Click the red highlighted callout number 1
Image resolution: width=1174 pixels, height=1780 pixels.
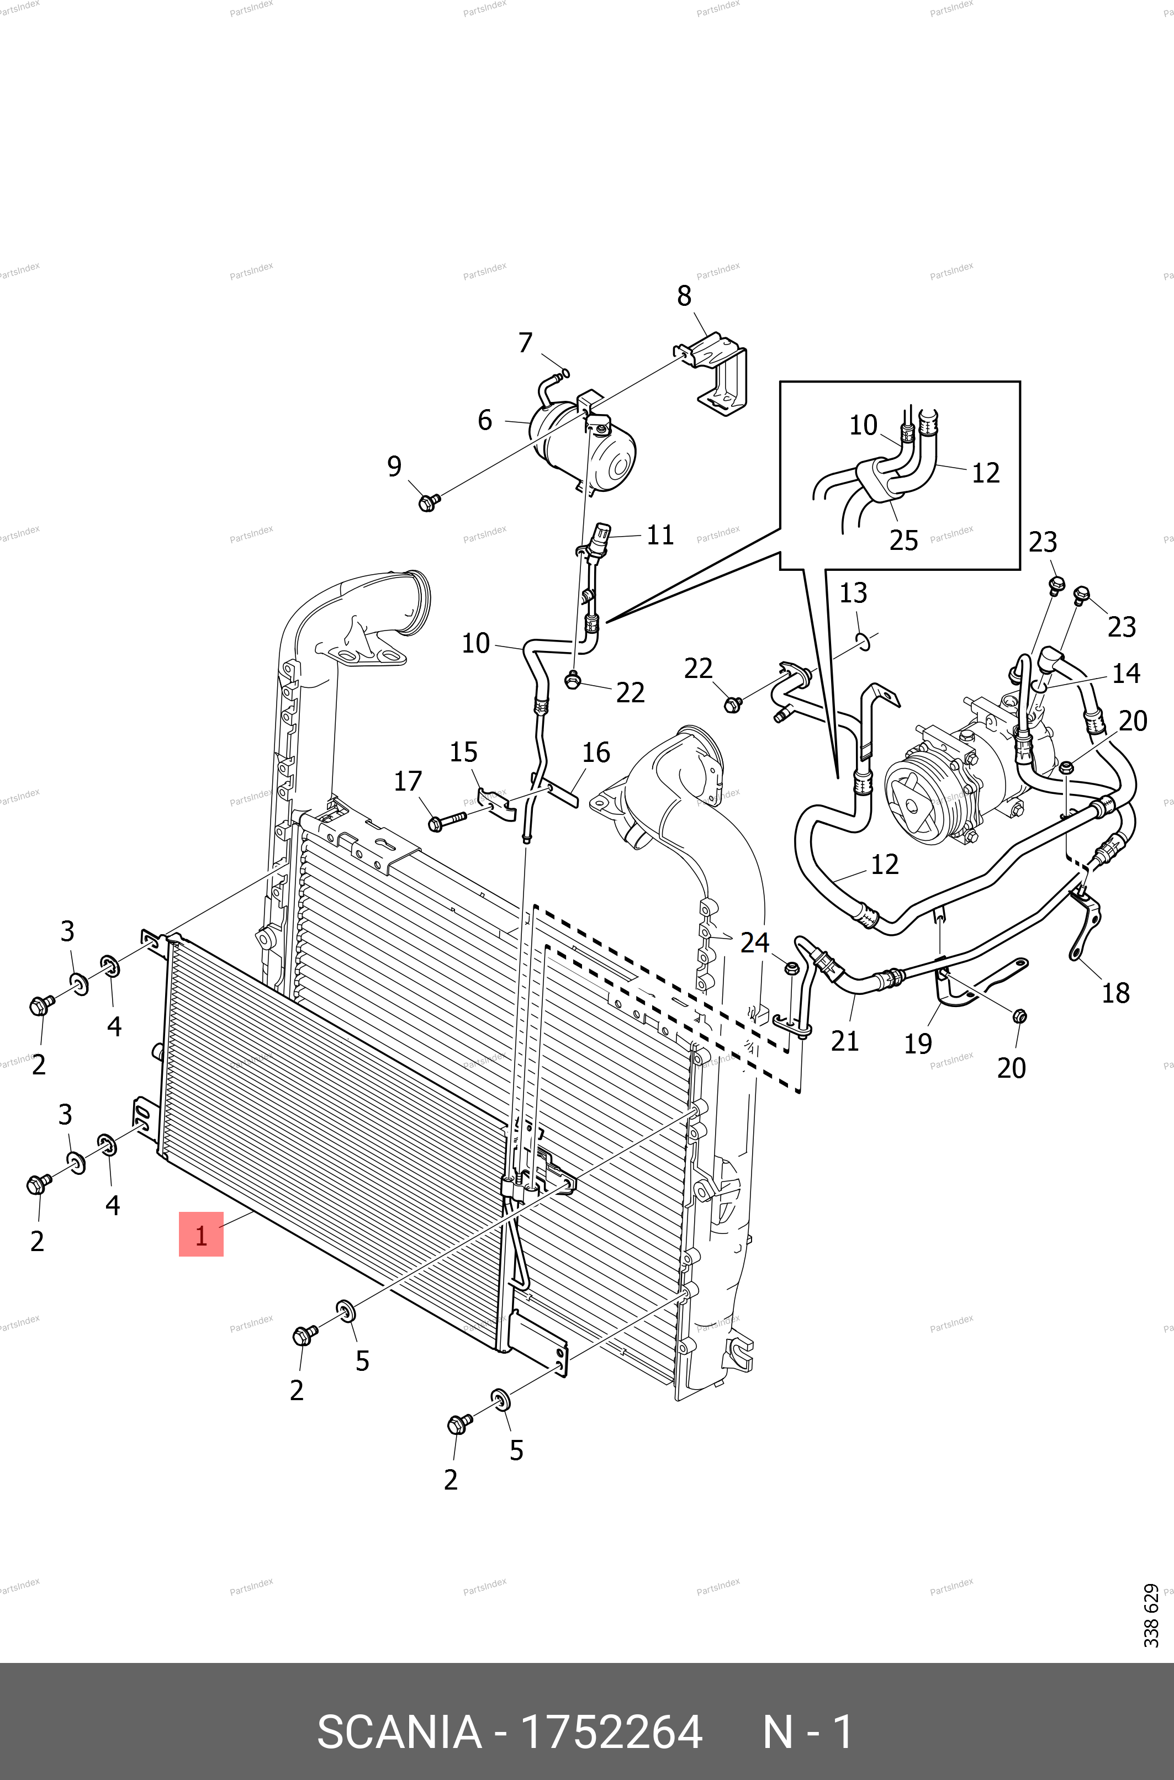pos(200,1235)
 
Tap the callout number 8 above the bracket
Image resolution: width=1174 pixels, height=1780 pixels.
pos(684,296)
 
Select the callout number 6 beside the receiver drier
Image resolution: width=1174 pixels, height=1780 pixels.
pos(485,420)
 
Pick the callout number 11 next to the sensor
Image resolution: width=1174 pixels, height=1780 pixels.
pos(660,535)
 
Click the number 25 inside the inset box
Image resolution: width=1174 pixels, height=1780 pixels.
pos(904,541)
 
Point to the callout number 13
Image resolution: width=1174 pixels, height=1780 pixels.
pos(853,593)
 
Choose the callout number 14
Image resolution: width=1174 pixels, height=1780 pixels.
pos(1126,673)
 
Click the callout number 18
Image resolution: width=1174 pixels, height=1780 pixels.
pos(1115,993)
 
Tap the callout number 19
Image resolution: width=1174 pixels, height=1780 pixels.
pos(918,1043)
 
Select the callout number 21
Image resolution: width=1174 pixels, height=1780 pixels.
pos(844,1041)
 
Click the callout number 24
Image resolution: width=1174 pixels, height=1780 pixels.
pos(755,942)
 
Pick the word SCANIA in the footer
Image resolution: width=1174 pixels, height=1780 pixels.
pos(399,1731)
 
